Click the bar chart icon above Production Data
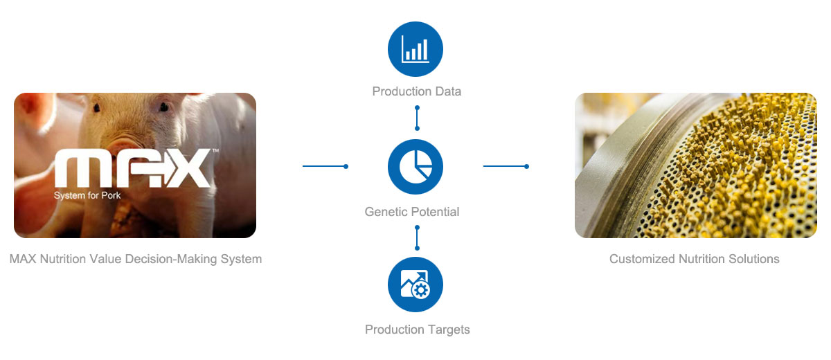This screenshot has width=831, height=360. pos(415,49)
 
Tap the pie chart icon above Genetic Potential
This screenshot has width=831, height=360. pos(415,166)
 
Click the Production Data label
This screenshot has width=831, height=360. pos(417,91)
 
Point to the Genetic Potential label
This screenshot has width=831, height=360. pos(412,212)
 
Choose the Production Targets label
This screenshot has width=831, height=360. pos(417,330)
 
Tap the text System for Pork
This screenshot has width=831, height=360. pos(87,195)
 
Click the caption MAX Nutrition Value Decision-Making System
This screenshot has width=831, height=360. pos(136,259)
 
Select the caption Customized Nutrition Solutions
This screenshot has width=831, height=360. pos(694,259)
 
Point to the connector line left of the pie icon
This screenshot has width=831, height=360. pos(325,166)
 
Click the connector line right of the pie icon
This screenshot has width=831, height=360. pos(506,166)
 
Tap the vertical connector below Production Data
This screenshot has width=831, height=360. pos(417,118)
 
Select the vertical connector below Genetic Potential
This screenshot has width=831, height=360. pos(417,237)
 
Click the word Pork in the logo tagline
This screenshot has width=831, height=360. pos(111,195)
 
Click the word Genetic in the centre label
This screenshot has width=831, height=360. pos(384,212)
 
